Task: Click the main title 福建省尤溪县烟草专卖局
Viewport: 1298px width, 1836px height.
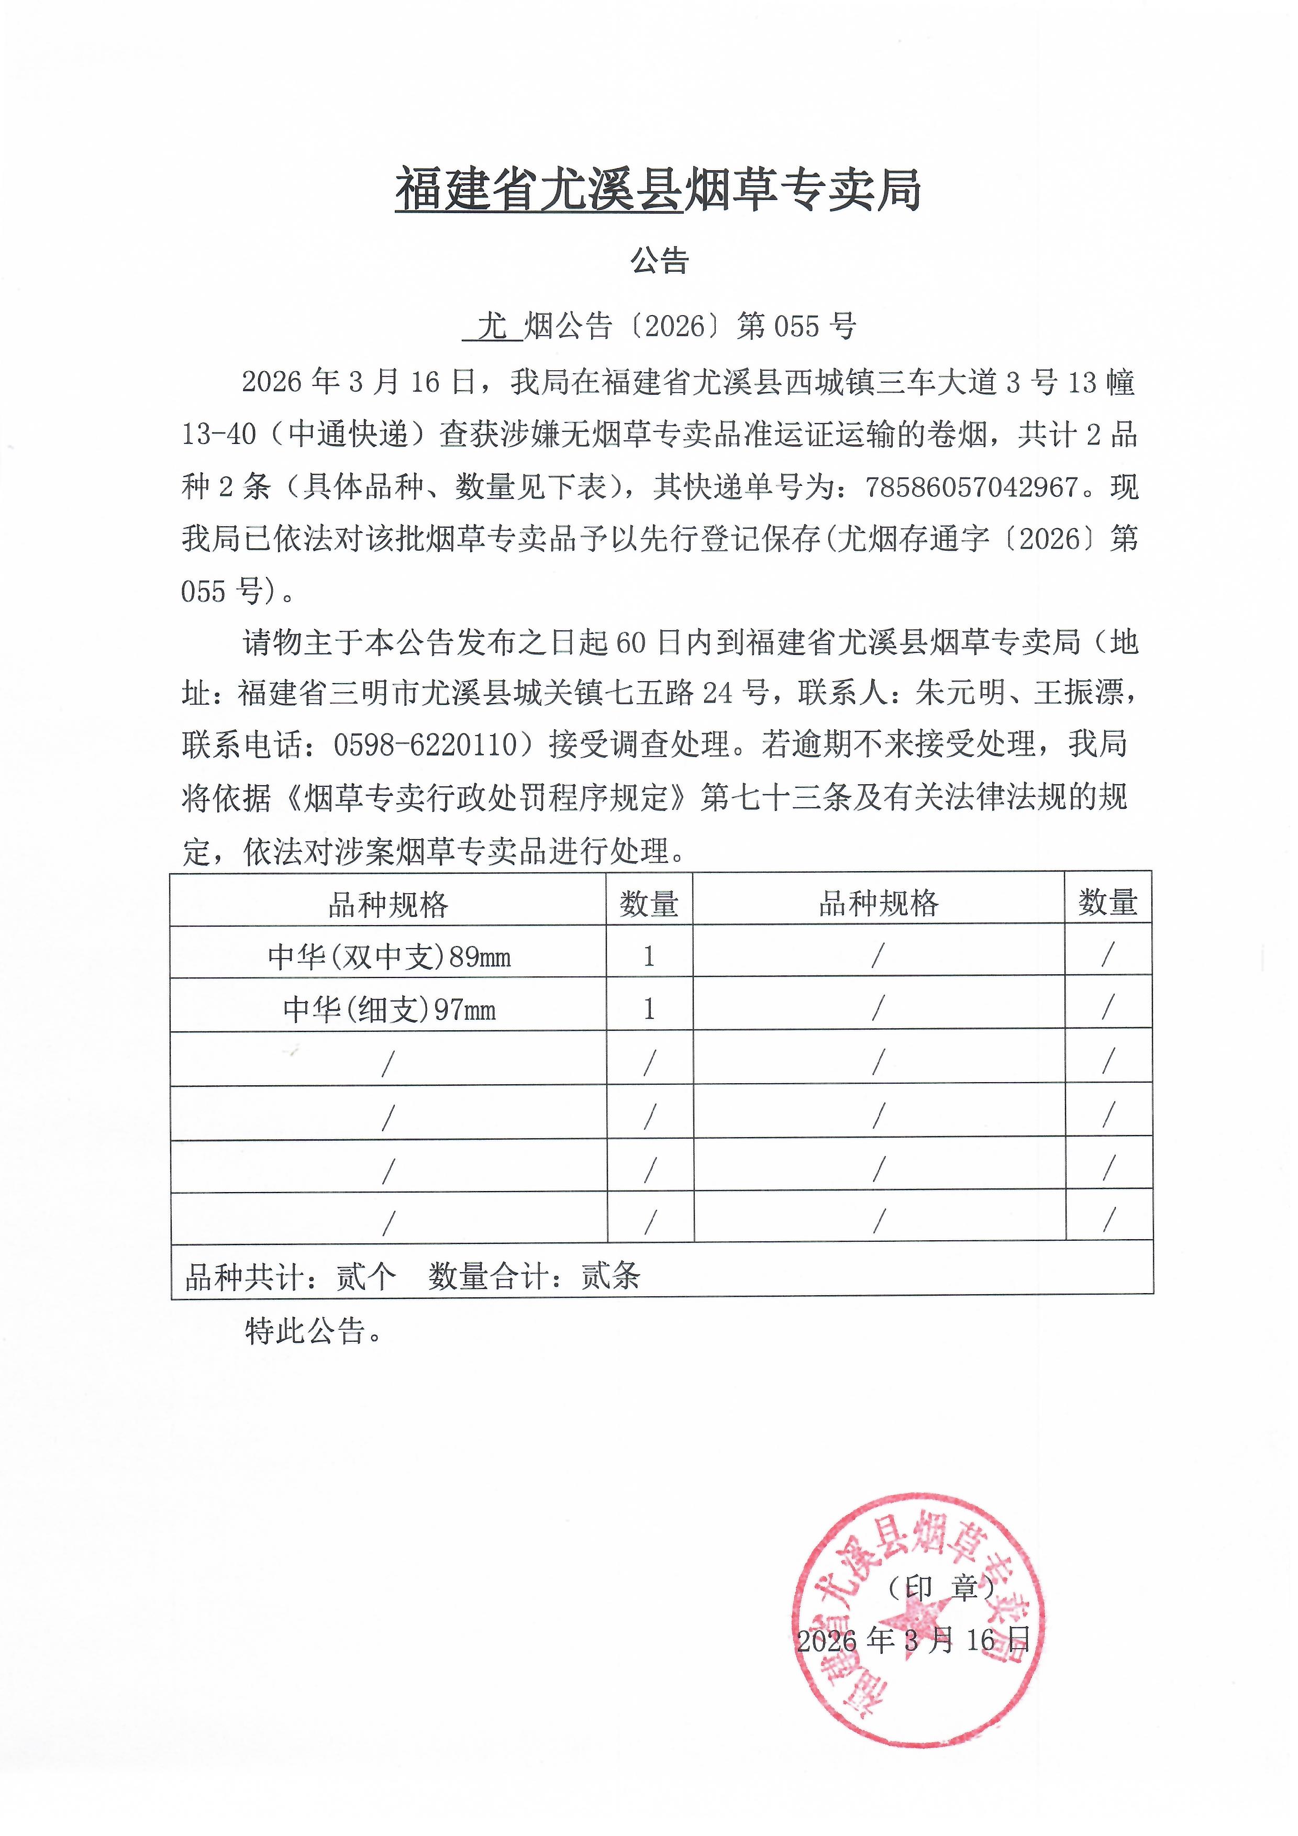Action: click(658, 191)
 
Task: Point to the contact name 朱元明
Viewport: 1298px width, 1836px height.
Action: click(960, 693)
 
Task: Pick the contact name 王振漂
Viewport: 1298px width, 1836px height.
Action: click(1077, 693)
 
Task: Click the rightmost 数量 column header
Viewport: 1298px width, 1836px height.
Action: click(1107, 903)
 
